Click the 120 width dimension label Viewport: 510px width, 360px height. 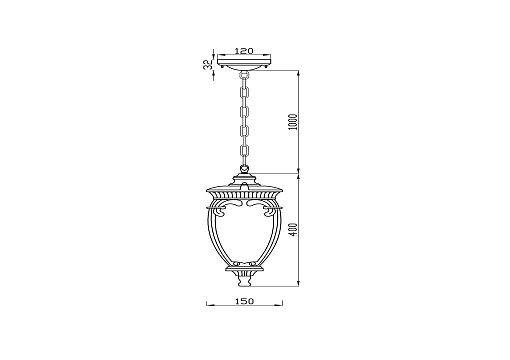(244, 51)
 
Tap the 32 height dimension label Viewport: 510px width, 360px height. (208, 64)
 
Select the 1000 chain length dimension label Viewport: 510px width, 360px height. (292, 122)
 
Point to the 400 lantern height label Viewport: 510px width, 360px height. (292, 230)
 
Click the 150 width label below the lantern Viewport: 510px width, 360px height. (245, 301)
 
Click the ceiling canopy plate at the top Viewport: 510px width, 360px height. (244, 62)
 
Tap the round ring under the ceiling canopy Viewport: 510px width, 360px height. (245, 74)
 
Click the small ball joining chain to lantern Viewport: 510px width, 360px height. (245, 170)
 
